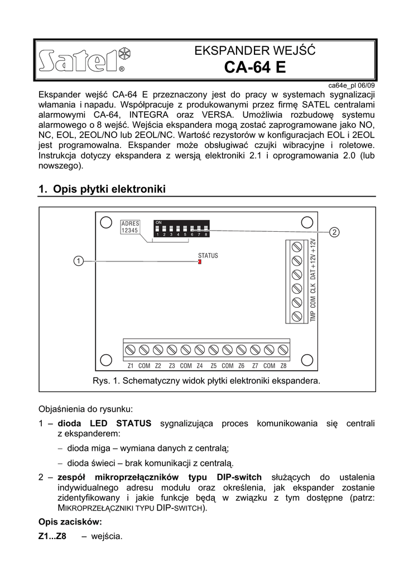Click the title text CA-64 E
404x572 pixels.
point(254,68)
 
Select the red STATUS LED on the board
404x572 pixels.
point(199,262)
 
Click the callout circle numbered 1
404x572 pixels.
point(79,261)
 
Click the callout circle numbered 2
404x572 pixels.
point(334,232)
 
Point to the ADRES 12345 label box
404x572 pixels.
point(130,227)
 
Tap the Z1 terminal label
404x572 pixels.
point(130,366)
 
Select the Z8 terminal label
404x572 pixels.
point(283,366)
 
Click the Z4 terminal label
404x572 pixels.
point(199,366)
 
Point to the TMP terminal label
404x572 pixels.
point(313,315)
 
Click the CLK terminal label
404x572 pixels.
point(313,288)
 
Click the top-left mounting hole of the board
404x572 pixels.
point(105,222)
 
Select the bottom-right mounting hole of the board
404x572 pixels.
point(306,357)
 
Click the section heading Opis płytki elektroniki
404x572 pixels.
point(102,189)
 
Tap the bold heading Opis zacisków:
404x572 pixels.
point(70,522)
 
